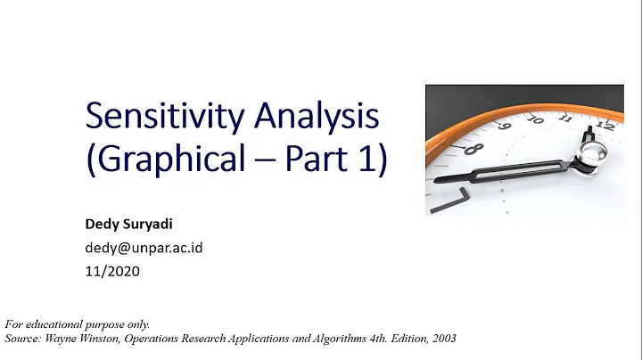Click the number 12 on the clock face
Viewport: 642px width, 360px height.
click(605, 126)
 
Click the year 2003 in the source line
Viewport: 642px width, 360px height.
click(442, 339)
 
